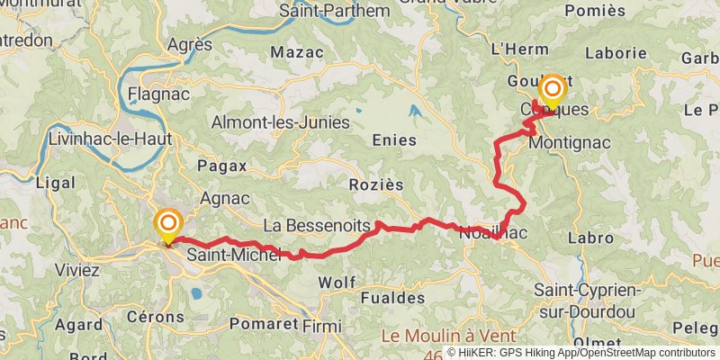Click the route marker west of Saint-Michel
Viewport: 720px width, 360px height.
pyautogui.click(x=167, y=223)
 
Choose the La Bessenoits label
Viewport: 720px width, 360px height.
pyautogui.click(x=315, y=224)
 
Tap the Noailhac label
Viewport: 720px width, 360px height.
pyautogui.click(x=487, y=231)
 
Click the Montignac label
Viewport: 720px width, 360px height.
pyautogui.click(x=570, y=143)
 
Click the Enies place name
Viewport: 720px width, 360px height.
pyautogui.click(x=393, y=140)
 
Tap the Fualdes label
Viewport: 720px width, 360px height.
pyautogui.click(x=391, y=297)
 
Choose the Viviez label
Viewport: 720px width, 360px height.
pyautogui.click(x=76, y=270)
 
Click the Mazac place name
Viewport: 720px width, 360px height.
pyautogui.click(x=296, y=50)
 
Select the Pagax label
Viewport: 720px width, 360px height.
pyautogui.click(x=214, y=166)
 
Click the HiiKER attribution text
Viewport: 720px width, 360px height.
pyautogui.click(x=490, y=353)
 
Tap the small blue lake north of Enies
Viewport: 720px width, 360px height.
pyautogui.click(x=414, y=112)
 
